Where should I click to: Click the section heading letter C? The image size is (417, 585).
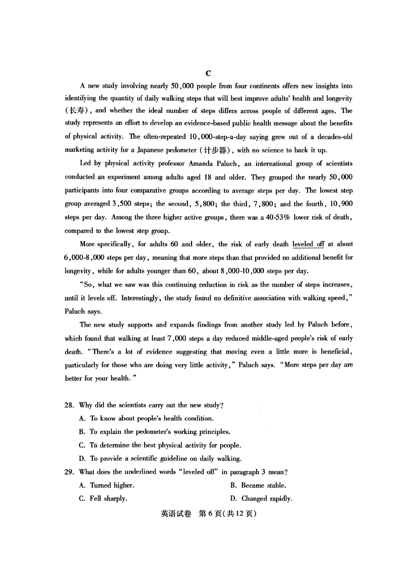click(x=208, y=73)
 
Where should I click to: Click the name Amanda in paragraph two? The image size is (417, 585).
click(x=201, y=164)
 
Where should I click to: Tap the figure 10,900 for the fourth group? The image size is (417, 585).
click(x=341, y=204)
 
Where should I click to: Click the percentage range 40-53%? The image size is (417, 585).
click(x=278, y=217)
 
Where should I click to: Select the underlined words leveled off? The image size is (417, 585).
click(x=308, y=244)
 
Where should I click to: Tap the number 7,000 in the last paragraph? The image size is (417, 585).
click(x=176, y=338)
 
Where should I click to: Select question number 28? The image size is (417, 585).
click(x=69, y=405)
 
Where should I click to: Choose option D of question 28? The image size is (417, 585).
click(x=160, y=459)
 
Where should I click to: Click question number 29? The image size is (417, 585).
click(x=69, y=472)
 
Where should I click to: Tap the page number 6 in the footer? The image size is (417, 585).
click(x=210, y=514)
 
